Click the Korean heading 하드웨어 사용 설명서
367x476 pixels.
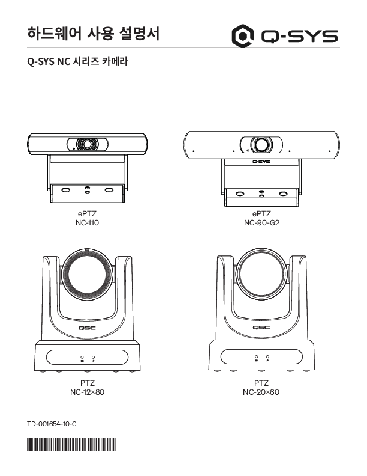point(94,34)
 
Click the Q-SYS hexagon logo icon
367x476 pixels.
point(242,36)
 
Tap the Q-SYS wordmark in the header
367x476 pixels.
point(299,37)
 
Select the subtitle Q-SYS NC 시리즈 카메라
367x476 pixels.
point(77,61)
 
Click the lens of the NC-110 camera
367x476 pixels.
point(87,144)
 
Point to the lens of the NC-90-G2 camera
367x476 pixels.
point(261,144)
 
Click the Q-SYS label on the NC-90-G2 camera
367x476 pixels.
point(261,162)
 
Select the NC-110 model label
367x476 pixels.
point(87,222)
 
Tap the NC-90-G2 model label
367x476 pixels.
point(261,222)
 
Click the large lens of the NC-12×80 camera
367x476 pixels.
point(87,275)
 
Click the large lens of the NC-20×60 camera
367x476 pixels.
point(261,274)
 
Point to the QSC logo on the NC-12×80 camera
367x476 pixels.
point(87,328)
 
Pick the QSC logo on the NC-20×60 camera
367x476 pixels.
point(261,327)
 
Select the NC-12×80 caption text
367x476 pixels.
point(87,392)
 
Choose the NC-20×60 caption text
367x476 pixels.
point(261,392)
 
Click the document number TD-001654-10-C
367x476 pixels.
point(52,424)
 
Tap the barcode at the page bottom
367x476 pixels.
point(72,444)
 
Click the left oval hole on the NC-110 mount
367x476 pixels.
point(66,190)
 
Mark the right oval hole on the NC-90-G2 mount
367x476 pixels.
point(283,194)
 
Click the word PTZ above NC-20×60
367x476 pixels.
point(261,383)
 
